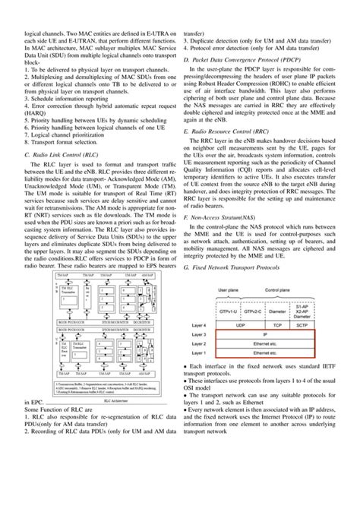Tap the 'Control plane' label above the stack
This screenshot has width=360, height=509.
point(271,291)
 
